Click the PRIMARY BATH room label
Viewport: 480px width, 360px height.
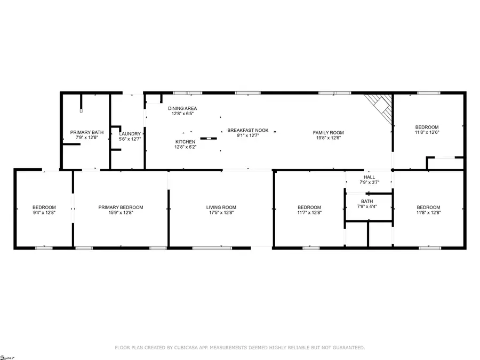tap(87, 132)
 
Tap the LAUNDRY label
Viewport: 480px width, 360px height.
tap(130, 134)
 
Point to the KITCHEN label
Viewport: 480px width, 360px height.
tap(186, 142)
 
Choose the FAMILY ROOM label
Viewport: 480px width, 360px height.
tap(328, 132)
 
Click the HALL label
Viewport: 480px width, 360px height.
tap(369, 177)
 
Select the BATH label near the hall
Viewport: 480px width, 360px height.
tap(366, 201)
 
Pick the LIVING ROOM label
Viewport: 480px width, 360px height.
tap(221, 207)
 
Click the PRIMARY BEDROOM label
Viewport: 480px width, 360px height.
tap(121, 207)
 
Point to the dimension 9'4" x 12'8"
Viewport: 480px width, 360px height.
tap(44, 213)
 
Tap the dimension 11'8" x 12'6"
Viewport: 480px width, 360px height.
tap(427, 132)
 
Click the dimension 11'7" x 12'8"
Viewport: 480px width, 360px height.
tap(309, 213)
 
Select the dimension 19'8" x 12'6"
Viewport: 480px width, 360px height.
tap(328, 138)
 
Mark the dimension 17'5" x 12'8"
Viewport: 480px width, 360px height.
tap(221, 213)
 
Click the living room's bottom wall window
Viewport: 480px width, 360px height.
tap(212, 247)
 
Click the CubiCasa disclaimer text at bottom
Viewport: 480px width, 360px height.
tap(240, 348)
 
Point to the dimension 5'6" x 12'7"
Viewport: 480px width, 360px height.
tap(130, 139)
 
